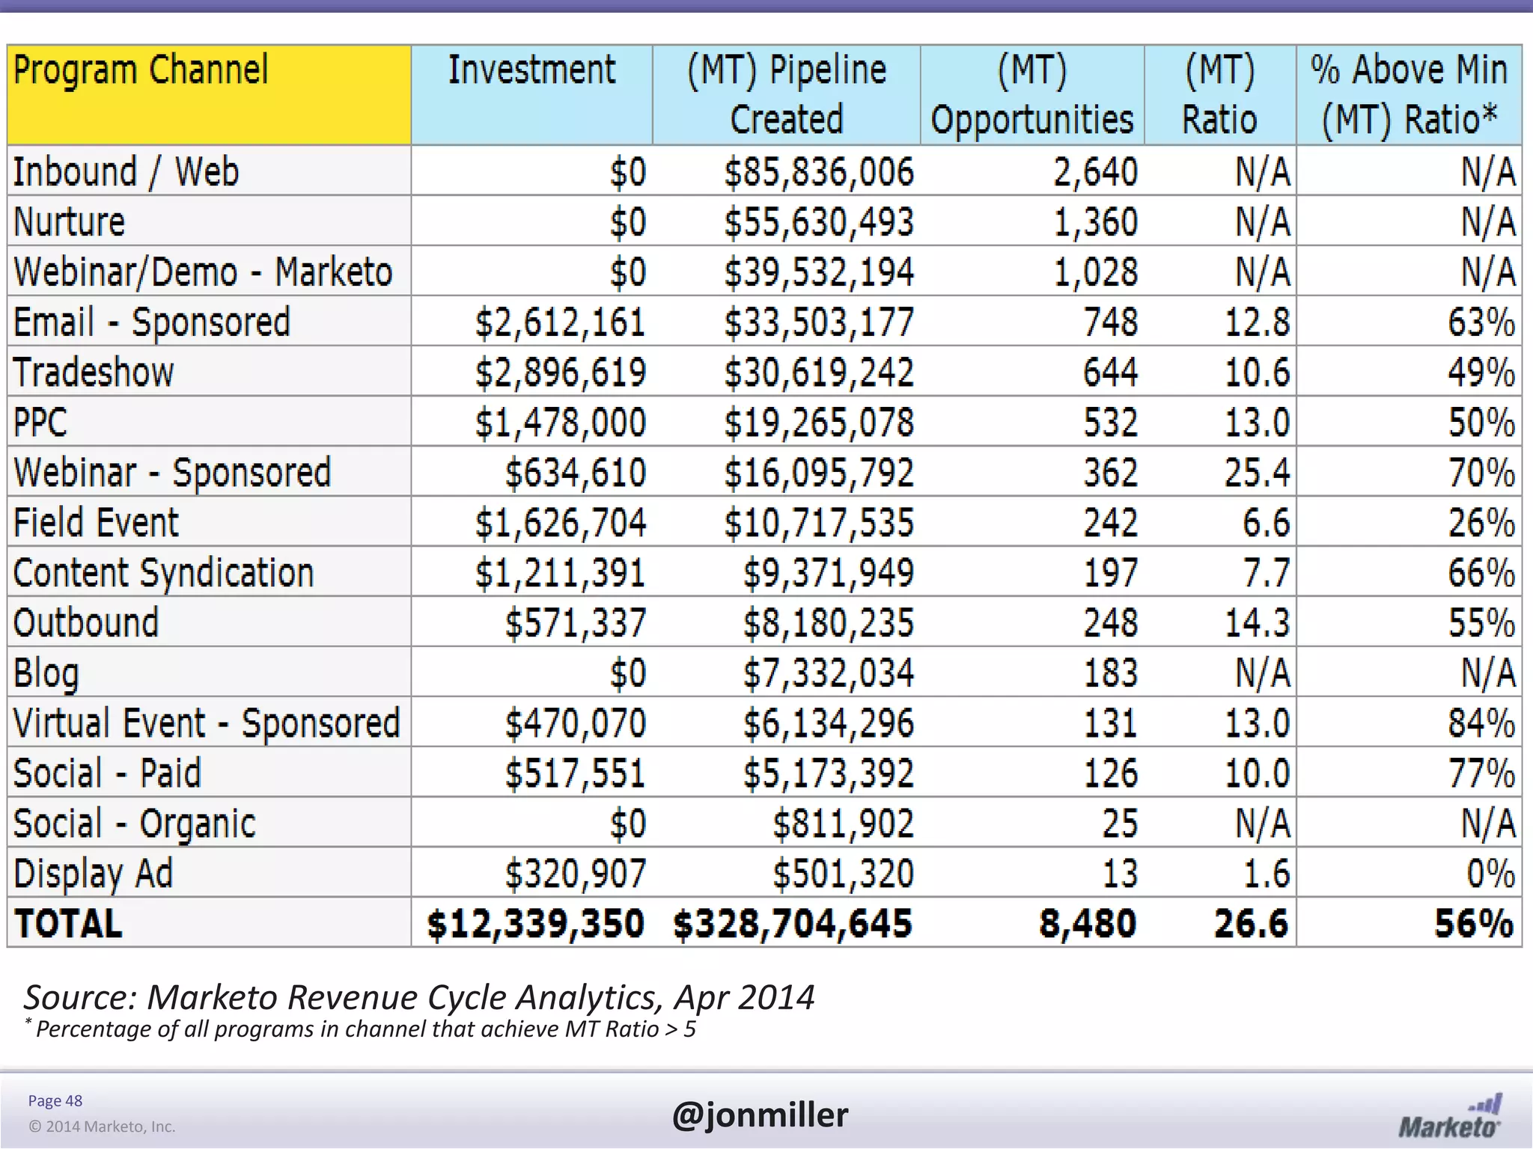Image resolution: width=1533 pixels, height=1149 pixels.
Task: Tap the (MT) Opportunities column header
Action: click(x=1031, y=94)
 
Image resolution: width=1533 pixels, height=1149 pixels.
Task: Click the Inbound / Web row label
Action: click(x=126, y=171)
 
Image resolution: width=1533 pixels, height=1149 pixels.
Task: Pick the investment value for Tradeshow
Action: click(x=560, y=372)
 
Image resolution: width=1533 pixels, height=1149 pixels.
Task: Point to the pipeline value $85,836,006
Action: click(x=819, y=171)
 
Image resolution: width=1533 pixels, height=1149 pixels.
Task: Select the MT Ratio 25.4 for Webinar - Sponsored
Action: click(x=1257, y=472)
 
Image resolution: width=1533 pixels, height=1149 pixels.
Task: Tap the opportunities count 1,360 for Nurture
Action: click(x=1096, y=221)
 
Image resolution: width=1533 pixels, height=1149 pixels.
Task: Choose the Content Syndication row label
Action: click(x=163, y=572)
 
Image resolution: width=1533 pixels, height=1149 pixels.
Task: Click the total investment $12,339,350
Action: click(x=535, y=923)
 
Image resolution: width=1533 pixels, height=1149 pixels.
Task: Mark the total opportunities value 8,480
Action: click(x=1088, y=923)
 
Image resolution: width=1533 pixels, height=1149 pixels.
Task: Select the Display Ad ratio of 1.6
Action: click(x=1267, y=873)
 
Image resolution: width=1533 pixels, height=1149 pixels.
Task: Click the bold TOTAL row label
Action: click(x=68, y=923)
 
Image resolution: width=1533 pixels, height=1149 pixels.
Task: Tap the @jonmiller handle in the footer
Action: click(x=760, y=1115)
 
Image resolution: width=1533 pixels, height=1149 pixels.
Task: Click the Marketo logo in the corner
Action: click(x=1450, y=1117)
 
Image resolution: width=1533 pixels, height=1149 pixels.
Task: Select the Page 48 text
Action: click(x=55, y=1100)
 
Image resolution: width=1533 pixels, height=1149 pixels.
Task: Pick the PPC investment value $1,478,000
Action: click(x=560, y=422)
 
